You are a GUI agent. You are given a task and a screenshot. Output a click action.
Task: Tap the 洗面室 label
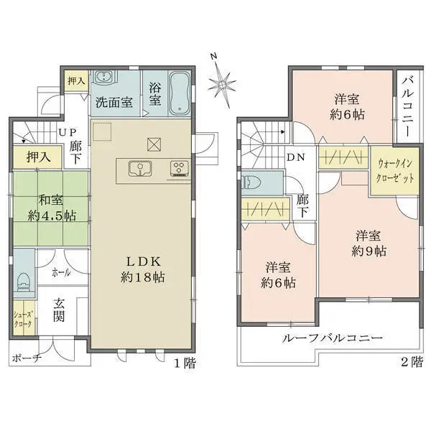pyautogui.click(x=114, y=102)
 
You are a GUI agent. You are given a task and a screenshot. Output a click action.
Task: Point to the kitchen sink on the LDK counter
pyautogui.click(x=139, y=170)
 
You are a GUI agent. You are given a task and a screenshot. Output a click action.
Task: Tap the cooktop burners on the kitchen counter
pyautogui.click(x=177, y=170)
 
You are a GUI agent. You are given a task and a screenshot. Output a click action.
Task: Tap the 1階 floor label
pyautogui.click(x=185, y=362)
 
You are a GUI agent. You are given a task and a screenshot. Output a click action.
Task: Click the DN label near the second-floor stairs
pyautogui.click(x=295, y=157)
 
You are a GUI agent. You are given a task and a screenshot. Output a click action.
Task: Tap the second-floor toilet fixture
pyautogui.click(x=252, y=182)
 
